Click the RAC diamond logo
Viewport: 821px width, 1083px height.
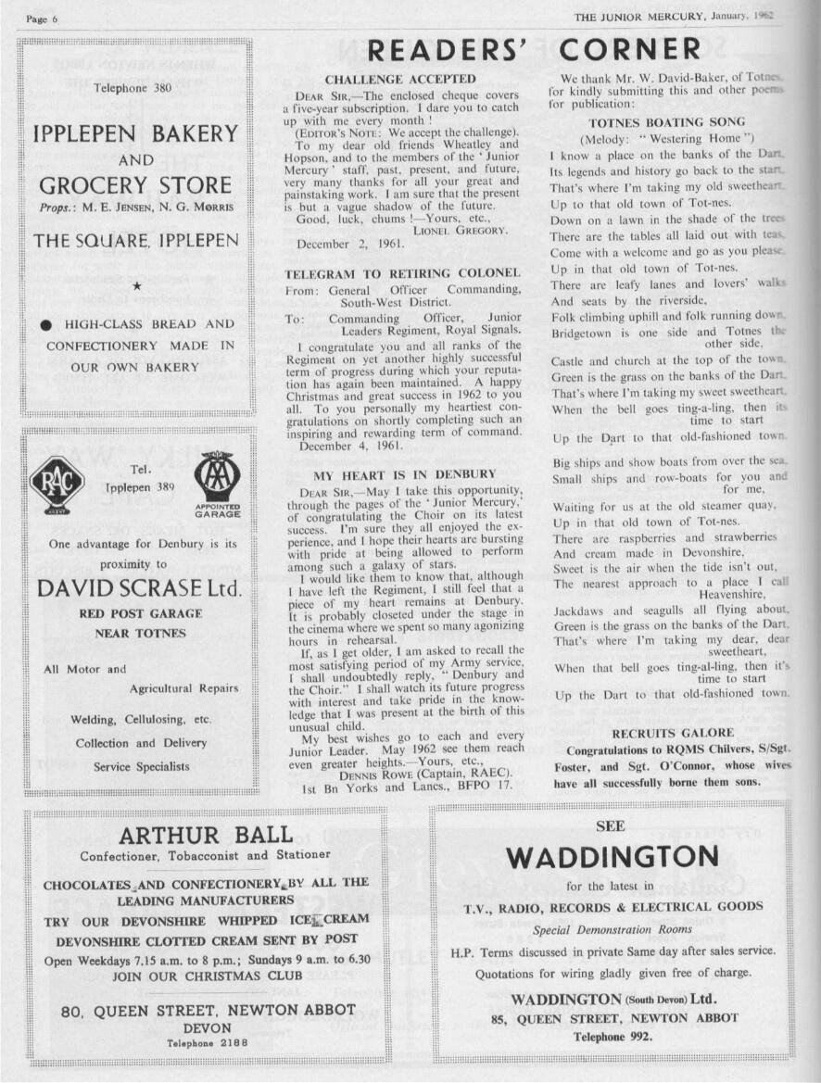57,481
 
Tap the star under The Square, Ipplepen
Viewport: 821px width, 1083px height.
135,286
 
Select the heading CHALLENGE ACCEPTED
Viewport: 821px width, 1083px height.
400,80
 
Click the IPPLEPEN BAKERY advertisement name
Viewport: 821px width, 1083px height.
135,133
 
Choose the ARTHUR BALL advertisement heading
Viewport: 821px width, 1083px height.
206,836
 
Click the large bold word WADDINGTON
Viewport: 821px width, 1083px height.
612,856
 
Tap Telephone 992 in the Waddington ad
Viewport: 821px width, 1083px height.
613,1037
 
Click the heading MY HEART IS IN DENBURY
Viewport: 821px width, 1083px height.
404,474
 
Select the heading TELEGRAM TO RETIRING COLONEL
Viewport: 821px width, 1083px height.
402,274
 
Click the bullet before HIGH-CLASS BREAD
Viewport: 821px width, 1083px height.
44,325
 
